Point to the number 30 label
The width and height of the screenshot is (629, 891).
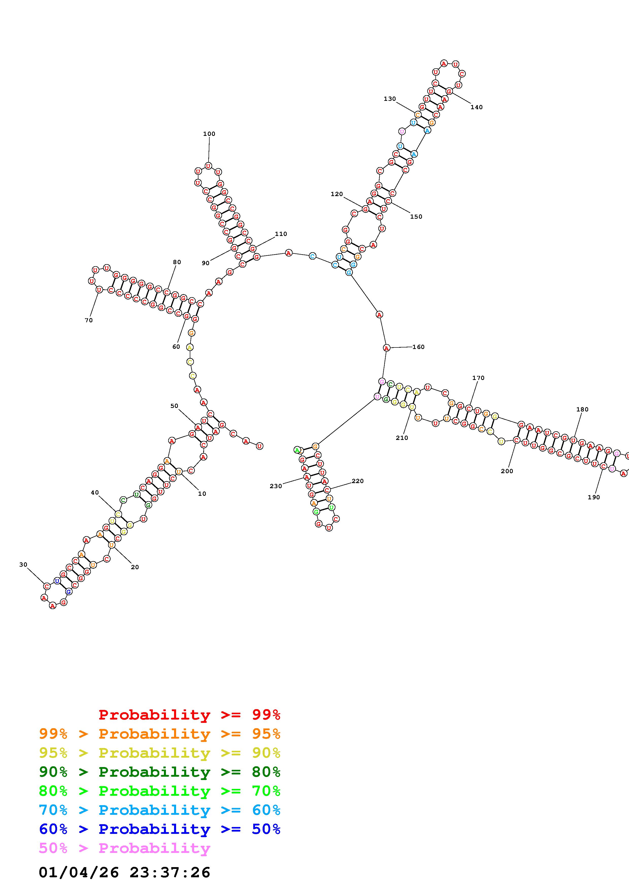pos(23,565)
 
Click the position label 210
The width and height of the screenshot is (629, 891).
pos(402,438)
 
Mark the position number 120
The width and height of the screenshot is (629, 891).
pos(336,194)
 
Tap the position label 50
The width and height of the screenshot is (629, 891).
pos(174,406)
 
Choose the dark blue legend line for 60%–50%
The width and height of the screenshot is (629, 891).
pos(159,829)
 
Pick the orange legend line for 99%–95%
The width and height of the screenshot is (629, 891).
pos(159,734)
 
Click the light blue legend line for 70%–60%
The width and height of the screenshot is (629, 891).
pos(159,810)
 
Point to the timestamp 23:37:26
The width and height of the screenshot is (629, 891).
pos(170,873)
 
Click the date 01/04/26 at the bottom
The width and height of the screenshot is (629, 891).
pos(79,873)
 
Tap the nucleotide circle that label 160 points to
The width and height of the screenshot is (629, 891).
pos(386,348)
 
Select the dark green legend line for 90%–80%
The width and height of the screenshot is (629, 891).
pos(159,772)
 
